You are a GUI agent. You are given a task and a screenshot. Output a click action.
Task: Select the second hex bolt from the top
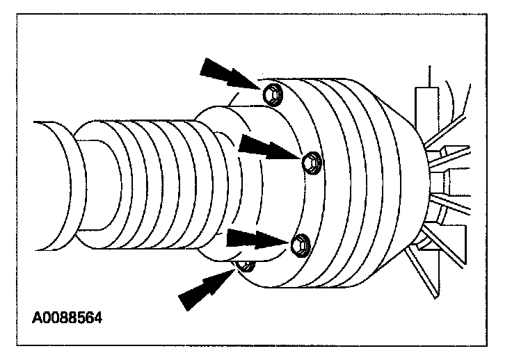(x=310, y=161)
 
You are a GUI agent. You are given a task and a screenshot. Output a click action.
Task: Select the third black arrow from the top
(x=256, y=239)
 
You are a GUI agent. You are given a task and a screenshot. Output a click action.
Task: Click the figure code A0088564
(x=67, y=320)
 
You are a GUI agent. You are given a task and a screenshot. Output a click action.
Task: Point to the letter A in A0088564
(x=36, y=320)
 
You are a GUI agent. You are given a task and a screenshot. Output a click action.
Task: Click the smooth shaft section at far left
(x=52, y=185)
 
